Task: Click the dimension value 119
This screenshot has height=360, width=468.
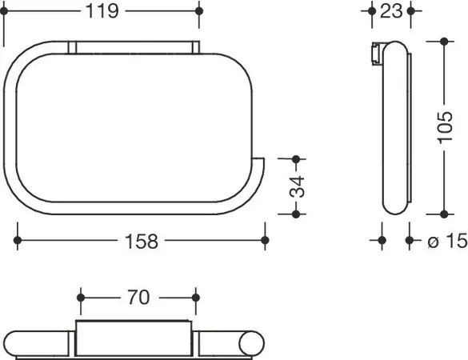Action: (102, 11)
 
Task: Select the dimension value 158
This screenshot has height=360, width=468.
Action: (141, 241)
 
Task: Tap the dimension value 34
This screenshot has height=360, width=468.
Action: (297, 187)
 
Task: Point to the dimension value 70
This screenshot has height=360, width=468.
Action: (138, 298)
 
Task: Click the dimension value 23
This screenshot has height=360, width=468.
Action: (391, 11)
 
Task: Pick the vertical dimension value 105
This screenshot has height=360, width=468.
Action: (446, 127)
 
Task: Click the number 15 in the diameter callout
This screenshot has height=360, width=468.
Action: (457, 240)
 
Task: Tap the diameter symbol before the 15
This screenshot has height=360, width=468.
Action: (433, 242)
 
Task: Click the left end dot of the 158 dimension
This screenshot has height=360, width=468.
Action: (18, 240)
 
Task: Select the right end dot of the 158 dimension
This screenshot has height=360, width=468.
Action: (265, 240)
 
